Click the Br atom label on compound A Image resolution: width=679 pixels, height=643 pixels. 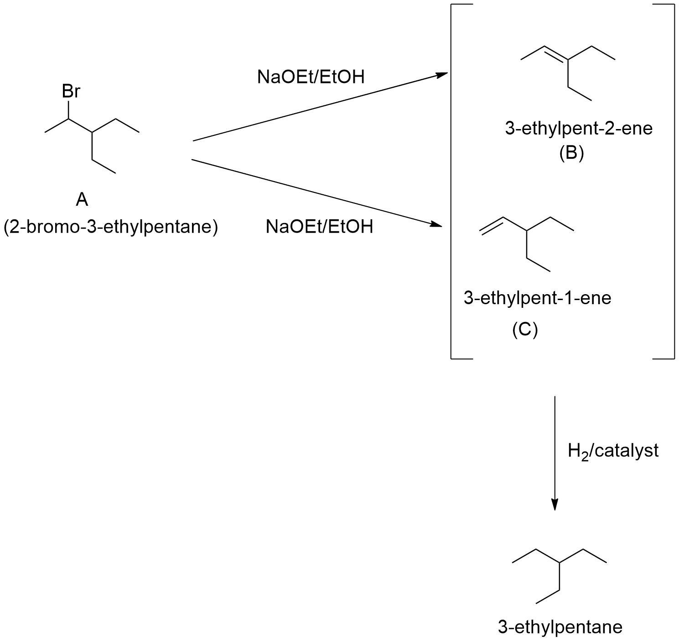point(71,92)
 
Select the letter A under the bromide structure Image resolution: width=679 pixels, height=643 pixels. point(82,199)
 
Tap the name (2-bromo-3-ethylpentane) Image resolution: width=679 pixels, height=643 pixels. point(111,227)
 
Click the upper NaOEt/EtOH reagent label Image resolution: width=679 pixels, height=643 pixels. point(311,77)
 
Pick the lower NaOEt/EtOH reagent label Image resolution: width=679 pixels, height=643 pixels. point(319,226)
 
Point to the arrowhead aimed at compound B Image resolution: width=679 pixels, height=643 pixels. point(442,74)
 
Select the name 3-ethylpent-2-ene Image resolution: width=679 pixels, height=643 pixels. point(579,128)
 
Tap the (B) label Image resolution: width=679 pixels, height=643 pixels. point(571,153)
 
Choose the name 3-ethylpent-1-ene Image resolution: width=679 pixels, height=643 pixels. point(537,298)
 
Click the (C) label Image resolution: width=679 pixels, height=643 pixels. point(525,329)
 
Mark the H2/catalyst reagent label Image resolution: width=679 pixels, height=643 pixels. point(613,451)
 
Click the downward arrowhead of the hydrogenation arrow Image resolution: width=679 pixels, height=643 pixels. point(555,504)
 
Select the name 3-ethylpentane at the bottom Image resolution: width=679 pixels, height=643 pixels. point(560,627)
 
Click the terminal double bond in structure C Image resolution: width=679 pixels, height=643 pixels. point(492,226)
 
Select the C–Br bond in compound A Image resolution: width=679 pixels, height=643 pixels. point(69,109)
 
